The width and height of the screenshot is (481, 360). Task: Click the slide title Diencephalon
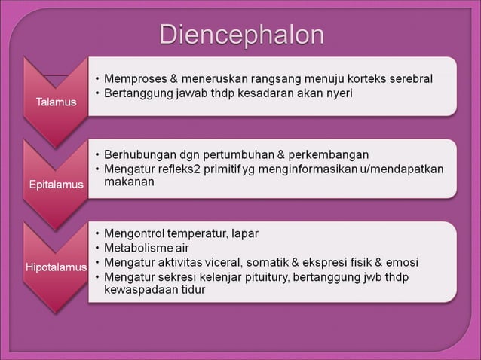pyautogui.click(x=242, y=35)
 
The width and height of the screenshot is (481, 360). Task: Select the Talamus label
pyautogui.click(x=58, y=102)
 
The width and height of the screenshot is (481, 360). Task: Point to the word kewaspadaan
pyautogui.click(x=139, y=290)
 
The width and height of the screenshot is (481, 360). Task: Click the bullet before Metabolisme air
pyautogui.click(x=98, y=248)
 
